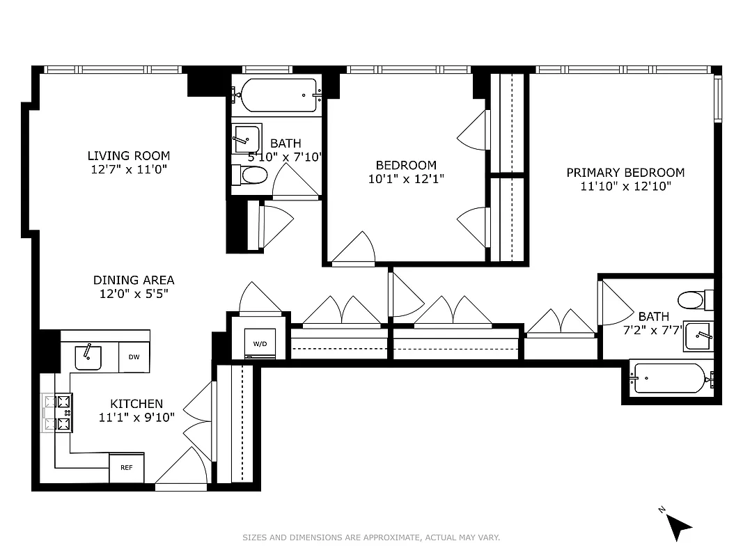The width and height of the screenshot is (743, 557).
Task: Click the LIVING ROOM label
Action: [129, 156]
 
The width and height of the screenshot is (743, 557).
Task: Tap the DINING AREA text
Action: [134, 280]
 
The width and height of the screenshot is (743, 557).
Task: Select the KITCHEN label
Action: [136, 404]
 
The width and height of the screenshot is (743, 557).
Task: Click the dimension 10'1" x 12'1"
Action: [406, 179]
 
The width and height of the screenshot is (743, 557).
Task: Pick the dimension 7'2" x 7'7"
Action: [652, 330]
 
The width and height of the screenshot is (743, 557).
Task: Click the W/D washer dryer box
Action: [260, 343]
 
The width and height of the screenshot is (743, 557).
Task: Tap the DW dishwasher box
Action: [134, 357]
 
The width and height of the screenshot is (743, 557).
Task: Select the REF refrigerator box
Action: [127, 468]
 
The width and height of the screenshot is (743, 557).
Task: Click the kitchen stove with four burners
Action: [58, 412]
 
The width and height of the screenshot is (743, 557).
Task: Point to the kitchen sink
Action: [88, 357]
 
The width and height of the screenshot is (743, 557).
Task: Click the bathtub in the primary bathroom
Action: [670, 379]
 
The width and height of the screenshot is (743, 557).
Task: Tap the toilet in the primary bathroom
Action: [695, 300]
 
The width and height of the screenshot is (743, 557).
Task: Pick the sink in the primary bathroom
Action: [698, 336]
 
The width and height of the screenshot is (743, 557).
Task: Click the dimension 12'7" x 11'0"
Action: [129, 169]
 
